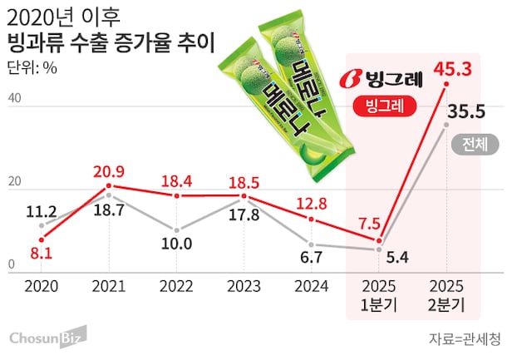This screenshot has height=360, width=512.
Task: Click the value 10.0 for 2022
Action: point(176,244)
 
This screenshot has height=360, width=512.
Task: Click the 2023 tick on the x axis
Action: point(243,286)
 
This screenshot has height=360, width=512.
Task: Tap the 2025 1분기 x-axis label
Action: point(378,295)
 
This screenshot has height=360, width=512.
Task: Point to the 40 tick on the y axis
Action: point(13,98)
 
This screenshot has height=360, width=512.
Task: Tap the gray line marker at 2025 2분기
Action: point(447,125)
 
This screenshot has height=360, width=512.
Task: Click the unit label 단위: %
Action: point(32,68)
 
